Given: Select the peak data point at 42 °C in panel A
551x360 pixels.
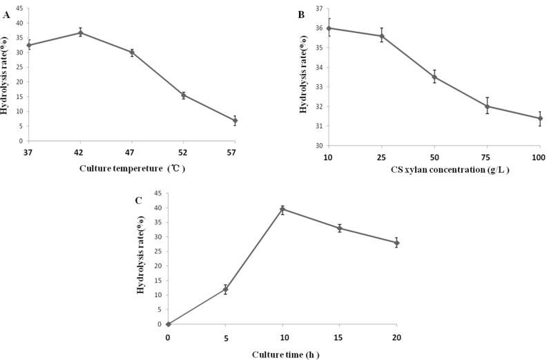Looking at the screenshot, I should (x=80, y=32).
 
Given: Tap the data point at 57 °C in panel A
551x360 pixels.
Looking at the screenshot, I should (x=235, y=120).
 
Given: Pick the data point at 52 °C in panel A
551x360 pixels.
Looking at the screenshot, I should (x=183, y=95).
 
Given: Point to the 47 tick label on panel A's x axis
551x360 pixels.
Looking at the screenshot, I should (x=131, y=152).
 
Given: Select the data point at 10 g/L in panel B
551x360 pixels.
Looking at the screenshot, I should (x=329, y=28).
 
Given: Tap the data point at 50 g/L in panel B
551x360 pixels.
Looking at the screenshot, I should (x=434, y=77).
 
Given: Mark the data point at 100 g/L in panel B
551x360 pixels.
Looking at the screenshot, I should (x=540, y=118).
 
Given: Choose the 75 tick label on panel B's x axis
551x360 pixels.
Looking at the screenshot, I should (x=487, y=158).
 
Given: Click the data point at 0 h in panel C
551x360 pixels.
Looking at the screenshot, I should (x=168, y=324).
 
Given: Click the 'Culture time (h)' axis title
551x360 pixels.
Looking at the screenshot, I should (x=285, y=354).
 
